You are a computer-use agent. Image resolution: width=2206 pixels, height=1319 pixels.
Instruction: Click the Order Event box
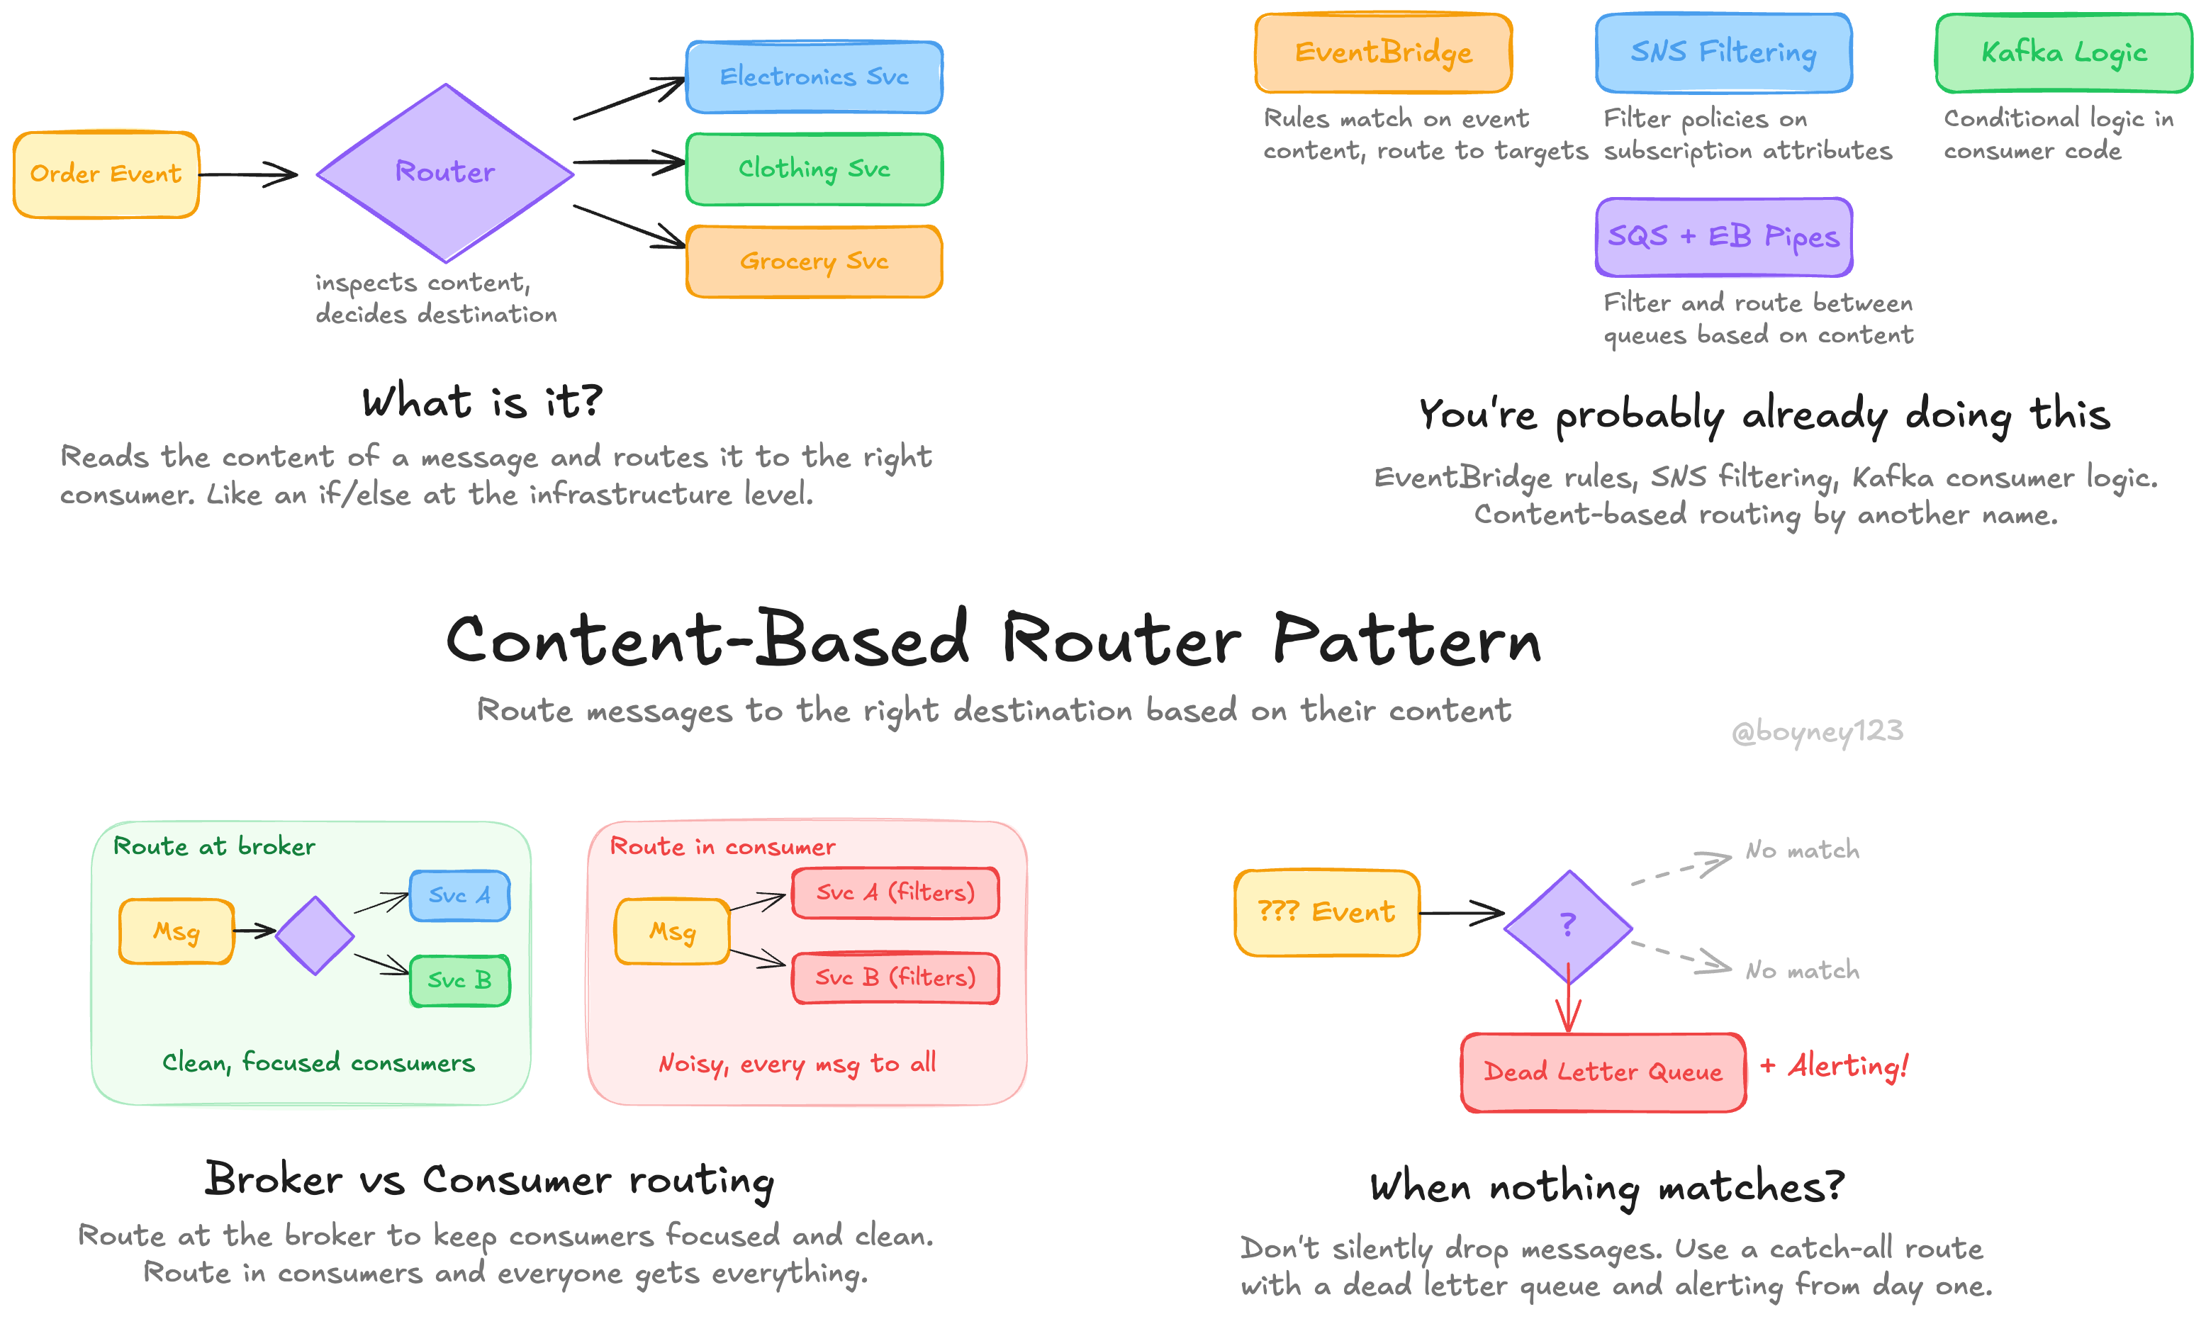[106, 174]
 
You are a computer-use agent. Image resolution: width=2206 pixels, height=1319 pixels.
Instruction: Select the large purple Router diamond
[444, 172]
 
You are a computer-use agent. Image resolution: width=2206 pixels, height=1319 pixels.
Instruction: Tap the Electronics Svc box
[814, 77]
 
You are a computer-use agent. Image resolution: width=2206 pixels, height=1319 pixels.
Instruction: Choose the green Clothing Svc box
[814, 169]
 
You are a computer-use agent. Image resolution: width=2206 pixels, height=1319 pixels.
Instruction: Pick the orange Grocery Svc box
[814, 262]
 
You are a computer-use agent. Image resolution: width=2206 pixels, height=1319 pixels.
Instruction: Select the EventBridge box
[1383, 53]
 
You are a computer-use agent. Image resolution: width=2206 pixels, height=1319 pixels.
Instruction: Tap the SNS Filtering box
[1723, 53]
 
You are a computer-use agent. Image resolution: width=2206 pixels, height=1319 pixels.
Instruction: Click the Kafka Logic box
[2064, 53]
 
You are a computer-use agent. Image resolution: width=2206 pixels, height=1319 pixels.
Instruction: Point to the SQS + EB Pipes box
[1723, 237]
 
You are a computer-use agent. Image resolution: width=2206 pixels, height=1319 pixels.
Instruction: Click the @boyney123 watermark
[1817, 731]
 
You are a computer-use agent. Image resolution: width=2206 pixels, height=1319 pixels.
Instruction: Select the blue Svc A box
[459, 895]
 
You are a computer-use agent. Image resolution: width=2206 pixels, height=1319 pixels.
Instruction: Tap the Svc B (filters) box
[895, 977]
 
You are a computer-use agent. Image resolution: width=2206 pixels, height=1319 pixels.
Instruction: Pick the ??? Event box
[1326, 913]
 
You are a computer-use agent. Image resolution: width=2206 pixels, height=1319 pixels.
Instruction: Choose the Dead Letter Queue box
[1603, 1072]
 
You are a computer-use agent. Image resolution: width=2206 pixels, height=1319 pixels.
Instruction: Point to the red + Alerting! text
[1835, 1065]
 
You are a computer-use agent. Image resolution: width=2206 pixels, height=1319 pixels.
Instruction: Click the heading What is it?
[482, 402]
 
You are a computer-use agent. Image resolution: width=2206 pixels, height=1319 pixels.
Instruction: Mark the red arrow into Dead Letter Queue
[1568, 1004]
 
